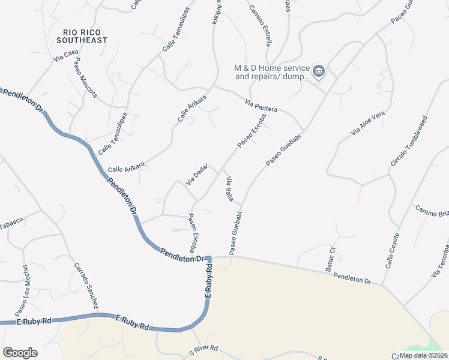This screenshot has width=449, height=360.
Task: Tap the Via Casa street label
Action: [x=66, y=56]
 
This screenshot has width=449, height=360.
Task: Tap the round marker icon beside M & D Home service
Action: [x=319, y=72]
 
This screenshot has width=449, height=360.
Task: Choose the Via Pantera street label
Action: [x=261, y=106]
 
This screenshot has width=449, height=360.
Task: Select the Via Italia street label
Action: [x=229, y=189]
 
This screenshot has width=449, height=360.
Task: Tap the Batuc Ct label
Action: [x=330, y=259]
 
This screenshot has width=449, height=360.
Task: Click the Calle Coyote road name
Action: [x=392, y=250]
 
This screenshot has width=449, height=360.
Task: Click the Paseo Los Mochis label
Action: [x=21, y=291]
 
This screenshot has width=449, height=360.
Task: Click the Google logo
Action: [x=20, y=353]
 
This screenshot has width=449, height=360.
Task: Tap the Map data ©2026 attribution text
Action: [x=424, y=355]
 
